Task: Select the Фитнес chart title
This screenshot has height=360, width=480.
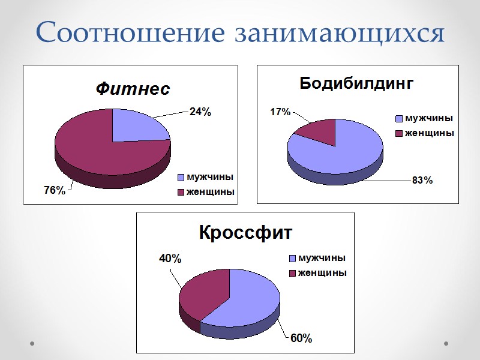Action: click(x=133, y=89)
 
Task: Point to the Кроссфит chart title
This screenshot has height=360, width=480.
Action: click(x=245, y=232)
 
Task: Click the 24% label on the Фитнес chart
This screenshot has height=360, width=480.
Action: click(x=200, y=112)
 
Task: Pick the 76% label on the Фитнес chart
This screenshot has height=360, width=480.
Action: click(x=55, y=190)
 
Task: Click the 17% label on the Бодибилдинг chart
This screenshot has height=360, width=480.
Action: click(x=280, y=112)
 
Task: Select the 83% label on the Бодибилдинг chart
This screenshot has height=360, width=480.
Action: click(x=422, y=181)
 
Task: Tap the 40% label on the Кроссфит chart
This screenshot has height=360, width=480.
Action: click(x=170, y=259)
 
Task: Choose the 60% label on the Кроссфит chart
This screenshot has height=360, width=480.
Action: click(x=301, y=338)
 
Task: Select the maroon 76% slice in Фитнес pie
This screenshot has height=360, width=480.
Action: click(x=96, y=150)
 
